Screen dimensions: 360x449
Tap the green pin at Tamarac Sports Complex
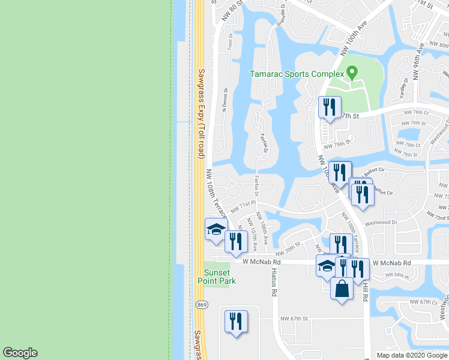point(352,73)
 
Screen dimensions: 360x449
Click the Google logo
point(20,353)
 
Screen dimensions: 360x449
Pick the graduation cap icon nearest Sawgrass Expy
point(215,230)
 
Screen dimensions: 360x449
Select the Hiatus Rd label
point(274,285)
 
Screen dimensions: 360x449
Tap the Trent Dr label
point(231,41)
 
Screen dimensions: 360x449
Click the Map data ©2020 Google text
point(412,355)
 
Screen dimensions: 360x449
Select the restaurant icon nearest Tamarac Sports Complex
point(329,107)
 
